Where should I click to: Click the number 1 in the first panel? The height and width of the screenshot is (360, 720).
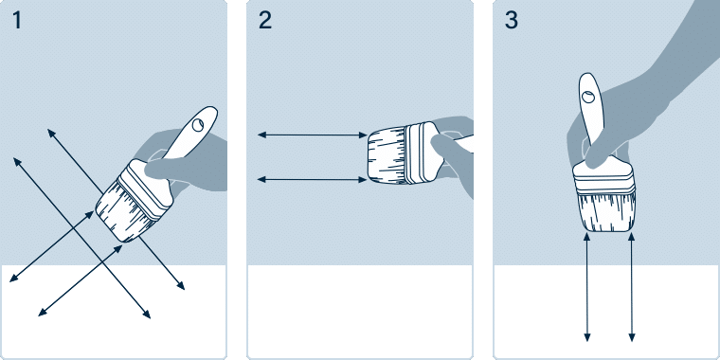click(17, 21)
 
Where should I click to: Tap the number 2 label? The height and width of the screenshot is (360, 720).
click(265, 21)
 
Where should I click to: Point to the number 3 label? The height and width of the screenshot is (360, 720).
click(512, 21)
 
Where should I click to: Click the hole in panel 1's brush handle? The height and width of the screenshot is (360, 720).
click(198, 124)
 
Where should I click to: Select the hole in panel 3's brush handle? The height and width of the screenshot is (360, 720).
click(587, 97)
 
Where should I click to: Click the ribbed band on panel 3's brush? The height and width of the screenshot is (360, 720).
click(605, 185)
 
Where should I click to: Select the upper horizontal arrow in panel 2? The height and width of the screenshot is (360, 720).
click(313, 135)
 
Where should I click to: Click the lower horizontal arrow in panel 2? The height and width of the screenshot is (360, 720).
click(313, 180)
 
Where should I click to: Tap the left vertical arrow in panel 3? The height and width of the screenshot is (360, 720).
click(586, 287)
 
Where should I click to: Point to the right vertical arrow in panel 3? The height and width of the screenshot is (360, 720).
click(631, 287)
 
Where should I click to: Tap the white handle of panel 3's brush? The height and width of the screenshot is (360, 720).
click(588, 115)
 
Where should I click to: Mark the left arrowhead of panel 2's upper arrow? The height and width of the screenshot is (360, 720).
click(261, 135)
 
